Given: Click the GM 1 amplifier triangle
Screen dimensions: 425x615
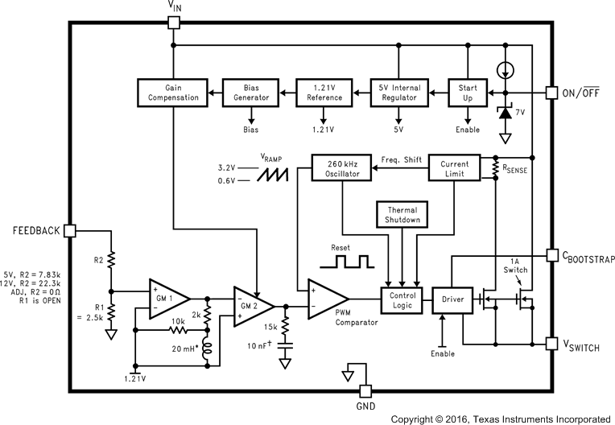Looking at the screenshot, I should point(166,297).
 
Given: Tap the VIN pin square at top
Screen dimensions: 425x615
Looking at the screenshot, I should point(173,22).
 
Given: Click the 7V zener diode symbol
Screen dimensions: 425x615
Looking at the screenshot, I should point(505,113).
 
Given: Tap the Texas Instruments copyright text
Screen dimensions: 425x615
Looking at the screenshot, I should point(501,419).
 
